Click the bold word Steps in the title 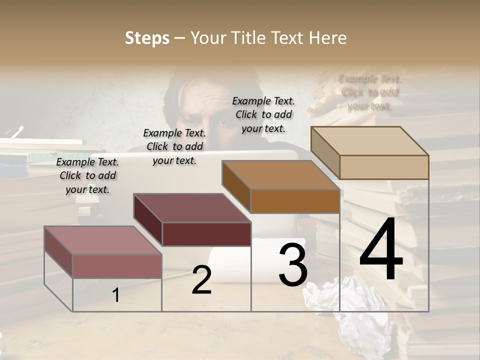(x=147, y=38)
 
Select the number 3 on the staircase (x=293, y=264)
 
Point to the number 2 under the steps (x=201, y=280)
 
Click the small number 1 (x=115, y=295)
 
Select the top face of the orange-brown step (x=280, y=175)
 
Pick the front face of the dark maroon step (x=206, y=234)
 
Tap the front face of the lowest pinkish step (x=117, y=266)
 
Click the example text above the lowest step (x=87, y=175)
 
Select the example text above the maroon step (x=174, y=146)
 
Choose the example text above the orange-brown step (x=263, y=114)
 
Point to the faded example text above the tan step (x=370, y=92)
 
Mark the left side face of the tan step (x=325, y=152)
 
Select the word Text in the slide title (x=289, y=38)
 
